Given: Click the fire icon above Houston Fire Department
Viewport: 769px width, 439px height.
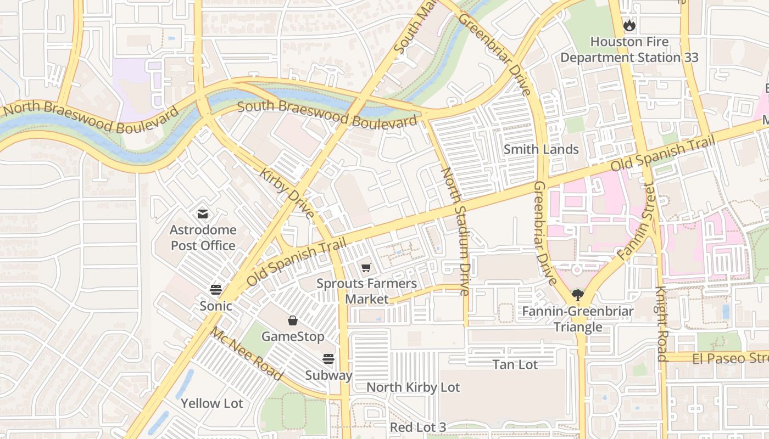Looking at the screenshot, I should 629,25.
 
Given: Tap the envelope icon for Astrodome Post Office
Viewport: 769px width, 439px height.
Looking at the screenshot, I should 203,213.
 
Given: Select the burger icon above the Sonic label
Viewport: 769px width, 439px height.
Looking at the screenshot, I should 216,289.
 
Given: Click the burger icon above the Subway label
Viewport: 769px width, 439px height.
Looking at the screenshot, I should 328,359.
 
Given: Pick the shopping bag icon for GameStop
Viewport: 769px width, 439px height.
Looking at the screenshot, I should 293,320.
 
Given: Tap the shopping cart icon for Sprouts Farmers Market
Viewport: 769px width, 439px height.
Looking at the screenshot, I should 366,267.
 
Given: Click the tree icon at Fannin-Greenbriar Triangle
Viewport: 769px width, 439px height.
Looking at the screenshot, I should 577,295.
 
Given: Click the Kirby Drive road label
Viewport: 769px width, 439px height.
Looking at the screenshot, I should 287,193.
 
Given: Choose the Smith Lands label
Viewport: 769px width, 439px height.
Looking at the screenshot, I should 541,149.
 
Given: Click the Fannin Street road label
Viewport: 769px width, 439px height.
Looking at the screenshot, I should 636,222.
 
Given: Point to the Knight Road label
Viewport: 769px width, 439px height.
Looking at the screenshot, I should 661,324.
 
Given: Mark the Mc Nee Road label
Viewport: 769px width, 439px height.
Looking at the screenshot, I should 247,354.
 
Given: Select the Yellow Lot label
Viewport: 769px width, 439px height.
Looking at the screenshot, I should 212,403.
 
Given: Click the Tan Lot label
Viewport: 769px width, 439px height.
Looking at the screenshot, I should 515,364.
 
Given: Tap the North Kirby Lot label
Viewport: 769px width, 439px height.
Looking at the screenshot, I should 413,387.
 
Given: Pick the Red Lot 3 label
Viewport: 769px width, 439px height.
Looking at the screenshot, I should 418,427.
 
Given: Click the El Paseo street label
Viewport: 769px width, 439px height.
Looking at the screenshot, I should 730,358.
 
